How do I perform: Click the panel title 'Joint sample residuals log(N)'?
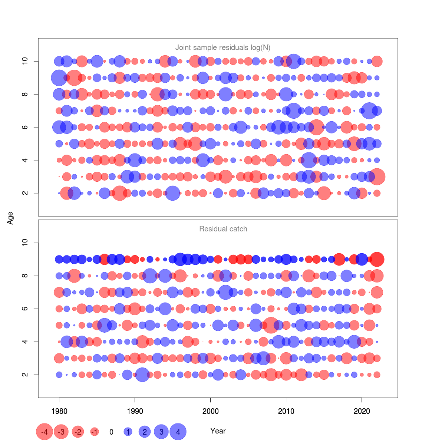point(222,47)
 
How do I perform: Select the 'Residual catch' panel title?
point(223,229)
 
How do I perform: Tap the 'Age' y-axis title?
point(10,218)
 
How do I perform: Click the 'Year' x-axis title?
point(218,431)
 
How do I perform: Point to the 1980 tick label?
point(59,411)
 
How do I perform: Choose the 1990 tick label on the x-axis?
point(135,411)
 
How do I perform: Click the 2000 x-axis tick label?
point(210,411)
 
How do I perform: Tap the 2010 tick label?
point(286,411)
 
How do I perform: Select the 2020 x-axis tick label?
point(362,411)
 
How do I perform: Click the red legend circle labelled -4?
point(44,432)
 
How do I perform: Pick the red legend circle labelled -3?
point(62,432)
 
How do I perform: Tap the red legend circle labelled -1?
point(95,432)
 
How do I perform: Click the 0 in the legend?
point(111,432)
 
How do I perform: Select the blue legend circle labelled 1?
point(128,432)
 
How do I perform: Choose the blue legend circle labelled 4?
point(178,432)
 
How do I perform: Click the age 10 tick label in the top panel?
point(25,61)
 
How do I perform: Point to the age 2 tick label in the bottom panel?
point(25,375)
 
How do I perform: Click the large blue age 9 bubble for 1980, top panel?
point(59,78)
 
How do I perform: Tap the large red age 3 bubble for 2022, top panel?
point(377,177)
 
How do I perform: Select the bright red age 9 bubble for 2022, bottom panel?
point(377,259)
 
